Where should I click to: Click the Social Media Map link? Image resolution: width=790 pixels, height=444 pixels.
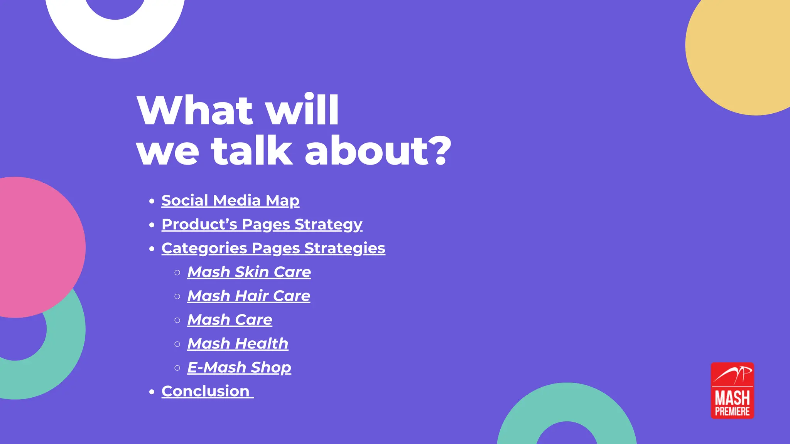click(230, 200)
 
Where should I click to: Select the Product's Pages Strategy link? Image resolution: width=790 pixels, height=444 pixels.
click(262, 224)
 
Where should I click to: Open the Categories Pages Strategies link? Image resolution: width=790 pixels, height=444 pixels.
click(273, 248)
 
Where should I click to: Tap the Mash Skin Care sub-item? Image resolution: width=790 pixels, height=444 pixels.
click(249, 272)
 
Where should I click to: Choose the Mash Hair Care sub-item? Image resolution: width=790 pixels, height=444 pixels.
click(248, 296)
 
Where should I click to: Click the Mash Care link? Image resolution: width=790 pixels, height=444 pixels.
click(230, 320)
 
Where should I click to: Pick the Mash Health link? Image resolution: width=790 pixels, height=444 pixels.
click(238, 343)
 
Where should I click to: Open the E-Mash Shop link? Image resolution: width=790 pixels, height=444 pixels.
click(239, 367)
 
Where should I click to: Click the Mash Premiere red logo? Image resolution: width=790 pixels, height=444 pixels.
click(732, 390)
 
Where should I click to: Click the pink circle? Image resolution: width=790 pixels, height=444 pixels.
click(35, 247)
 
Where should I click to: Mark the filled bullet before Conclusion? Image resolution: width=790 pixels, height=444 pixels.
click(152, 392)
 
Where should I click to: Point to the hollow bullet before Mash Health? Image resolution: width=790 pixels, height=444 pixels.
click(177, 344)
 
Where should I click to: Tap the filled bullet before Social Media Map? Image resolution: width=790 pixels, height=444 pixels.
click(152, 201)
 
